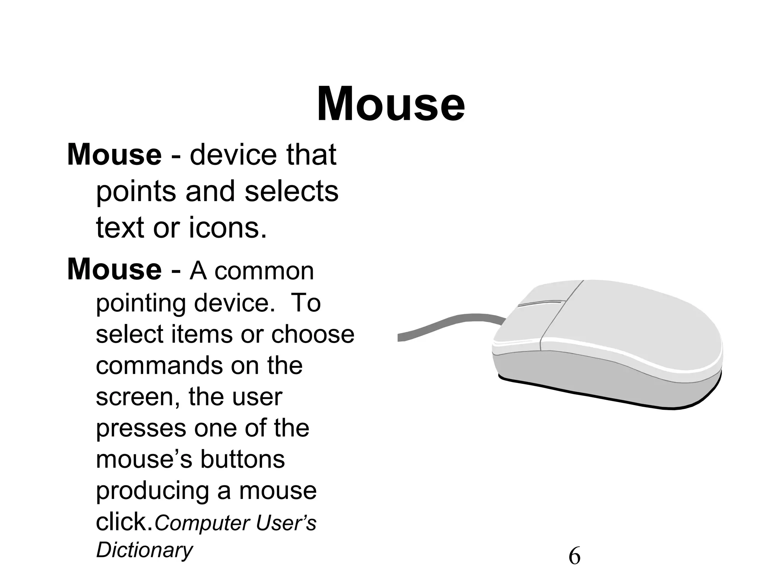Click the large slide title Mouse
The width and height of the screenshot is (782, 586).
[391, 104]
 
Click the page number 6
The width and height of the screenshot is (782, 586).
[574, 556]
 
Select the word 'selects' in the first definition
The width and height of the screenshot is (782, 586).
[291, 192]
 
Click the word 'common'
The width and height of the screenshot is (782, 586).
[264, 271]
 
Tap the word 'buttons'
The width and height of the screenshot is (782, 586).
[242, 459]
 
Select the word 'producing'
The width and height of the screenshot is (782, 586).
[152, 491]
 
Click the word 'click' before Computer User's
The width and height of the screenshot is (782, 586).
[124, 522]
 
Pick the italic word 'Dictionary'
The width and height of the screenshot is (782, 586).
[144, 550]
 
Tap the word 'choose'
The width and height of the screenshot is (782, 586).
[313, 334]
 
